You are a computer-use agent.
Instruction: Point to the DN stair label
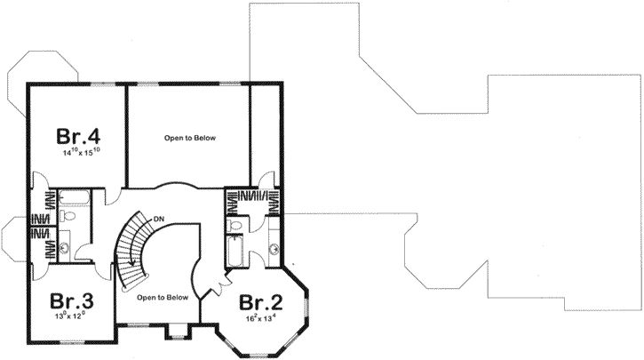pos(158,218)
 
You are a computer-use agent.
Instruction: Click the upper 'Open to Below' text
pos(190,139)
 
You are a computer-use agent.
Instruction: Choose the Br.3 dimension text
pos(71,316)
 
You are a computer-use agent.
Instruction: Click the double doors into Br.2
pos(213,286)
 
